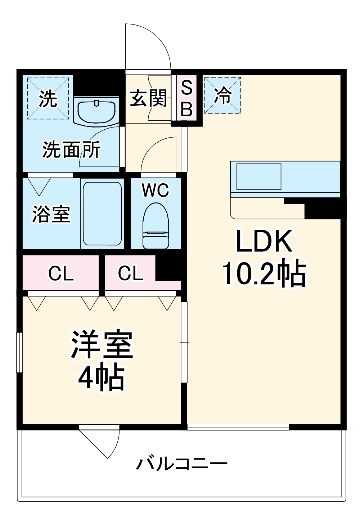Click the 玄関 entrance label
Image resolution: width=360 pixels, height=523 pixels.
pos(148,98)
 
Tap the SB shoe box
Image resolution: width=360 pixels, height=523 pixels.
pos(186,98)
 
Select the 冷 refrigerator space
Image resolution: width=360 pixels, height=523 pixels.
pos(222,95)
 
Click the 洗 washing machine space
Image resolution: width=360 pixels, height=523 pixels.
pos(48,98)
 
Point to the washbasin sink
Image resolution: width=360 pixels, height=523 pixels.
pos(96,111)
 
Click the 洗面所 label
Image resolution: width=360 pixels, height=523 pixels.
pos(71,149)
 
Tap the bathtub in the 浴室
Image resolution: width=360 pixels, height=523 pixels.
pos(102,213)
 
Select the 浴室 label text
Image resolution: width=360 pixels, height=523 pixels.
pos(51,214)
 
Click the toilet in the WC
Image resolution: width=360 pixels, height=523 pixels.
pos(156,226)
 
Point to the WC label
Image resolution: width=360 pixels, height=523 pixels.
pos(156,190)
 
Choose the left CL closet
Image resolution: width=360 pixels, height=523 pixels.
pos(60,273)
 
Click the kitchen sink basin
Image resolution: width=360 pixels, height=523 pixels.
pos(259,176)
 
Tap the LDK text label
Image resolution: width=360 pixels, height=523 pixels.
pos(264,241)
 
